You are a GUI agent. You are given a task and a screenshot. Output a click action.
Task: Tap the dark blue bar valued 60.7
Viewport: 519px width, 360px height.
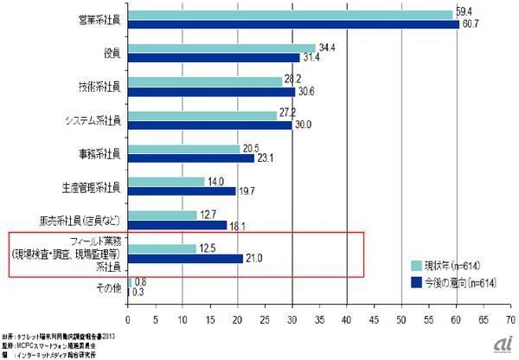point(294,23)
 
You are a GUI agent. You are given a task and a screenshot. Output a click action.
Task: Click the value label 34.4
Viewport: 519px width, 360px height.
point(327,47)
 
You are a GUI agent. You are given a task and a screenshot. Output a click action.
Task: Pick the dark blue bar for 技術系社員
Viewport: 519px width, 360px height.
point(212,91)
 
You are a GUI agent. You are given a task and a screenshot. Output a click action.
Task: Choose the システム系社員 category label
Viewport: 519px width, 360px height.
point(93,120)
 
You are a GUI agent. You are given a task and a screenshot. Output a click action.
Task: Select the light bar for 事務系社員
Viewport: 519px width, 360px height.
point(184,149)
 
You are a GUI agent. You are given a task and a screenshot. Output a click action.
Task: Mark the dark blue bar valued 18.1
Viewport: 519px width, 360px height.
point(177,226)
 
